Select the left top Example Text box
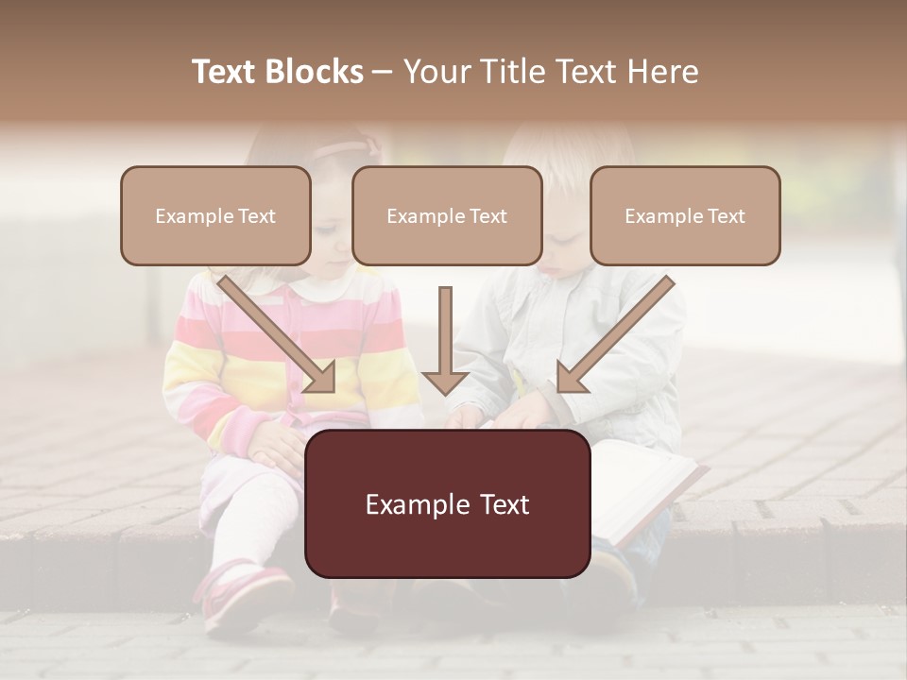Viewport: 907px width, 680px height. (215, 215)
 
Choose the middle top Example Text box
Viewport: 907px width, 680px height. (447, 215)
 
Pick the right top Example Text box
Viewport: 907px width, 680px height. (685, 215)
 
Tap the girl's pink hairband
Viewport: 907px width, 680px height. (345, 149)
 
